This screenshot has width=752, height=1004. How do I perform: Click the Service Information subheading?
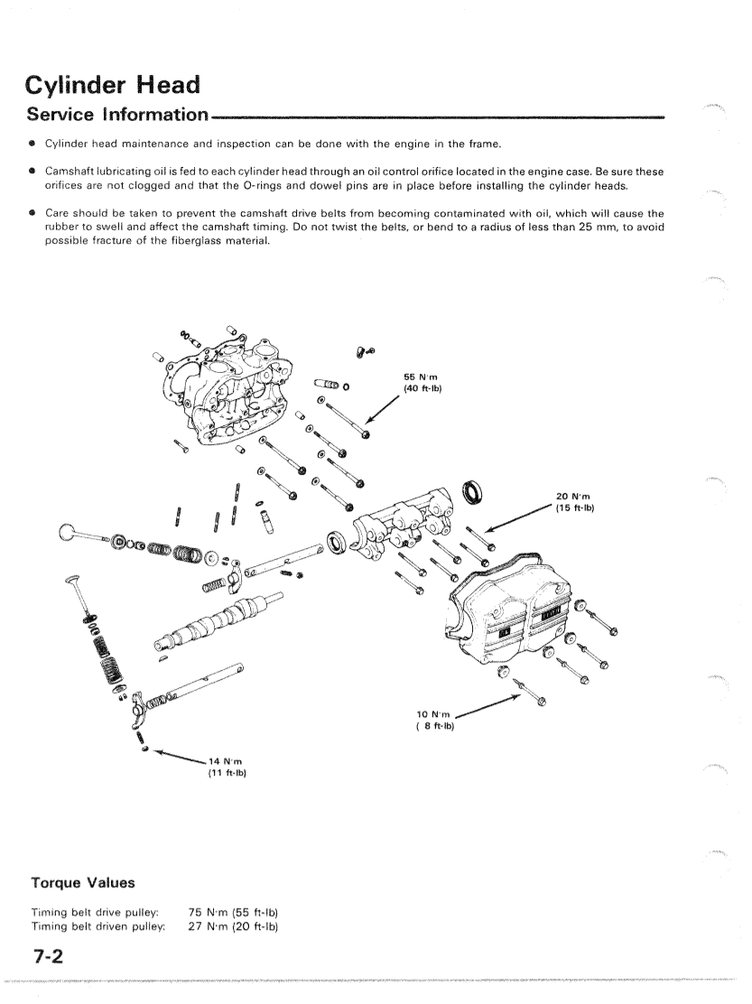(x=117, y=116)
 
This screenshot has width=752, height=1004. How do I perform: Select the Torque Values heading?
(x=82, y=882)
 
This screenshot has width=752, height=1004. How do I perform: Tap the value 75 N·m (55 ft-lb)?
(x=232, y=913)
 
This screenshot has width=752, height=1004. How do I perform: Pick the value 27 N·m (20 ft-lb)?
(x=232, y=926)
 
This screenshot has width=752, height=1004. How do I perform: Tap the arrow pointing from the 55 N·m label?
(x=384, y=416)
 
